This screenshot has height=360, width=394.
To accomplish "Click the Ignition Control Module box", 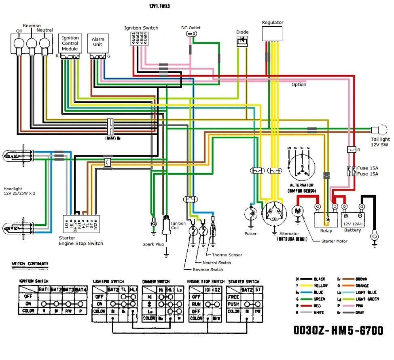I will coord(70,43).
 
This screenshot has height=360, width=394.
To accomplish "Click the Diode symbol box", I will coord(242,41).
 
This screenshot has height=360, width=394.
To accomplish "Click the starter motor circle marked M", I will coord(298,211).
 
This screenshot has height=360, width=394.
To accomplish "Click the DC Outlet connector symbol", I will coord(191,34).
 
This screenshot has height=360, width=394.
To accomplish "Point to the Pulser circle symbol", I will coord(251,215).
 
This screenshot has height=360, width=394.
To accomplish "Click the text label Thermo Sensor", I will coord(227,255).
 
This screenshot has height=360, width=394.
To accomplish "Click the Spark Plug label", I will coord(153,244).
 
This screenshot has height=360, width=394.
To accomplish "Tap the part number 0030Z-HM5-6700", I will coord(338,331).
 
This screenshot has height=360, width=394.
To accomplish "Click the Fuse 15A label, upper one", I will coord(369,168).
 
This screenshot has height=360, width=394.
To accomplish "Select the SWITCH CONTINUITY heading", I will coord(30,264).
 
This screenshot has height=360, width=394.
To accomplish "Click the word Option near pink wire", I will coord(299,85).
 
